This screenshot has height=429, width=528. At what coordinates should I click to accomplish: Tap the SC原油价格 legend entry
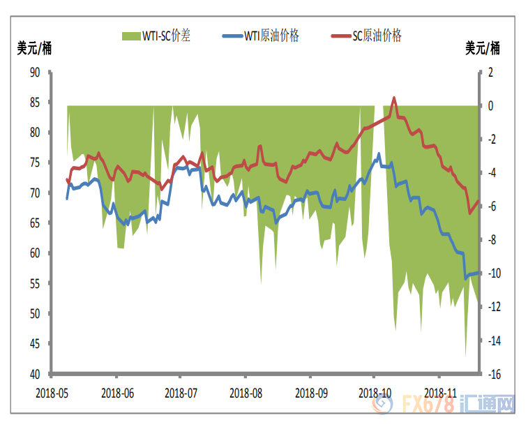(x=365, y=36)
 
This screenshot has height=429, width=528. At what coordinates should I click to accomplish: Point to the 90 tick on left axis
(x=34, y=72)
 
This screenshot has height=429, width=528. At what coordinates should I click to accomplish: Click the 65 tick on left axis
(x=34, y=223)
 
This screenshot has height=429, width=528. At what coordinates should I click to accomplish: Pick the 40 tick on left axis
(x=34, y=375)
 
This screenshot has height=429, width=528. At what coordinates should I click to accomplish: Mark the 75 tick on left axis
(x=34, y=163)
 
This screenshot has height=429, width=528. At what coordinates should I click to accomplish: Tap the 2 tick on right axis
(x=491, y=72)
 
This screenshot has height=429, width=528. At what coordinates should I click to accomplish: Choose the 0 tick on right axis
(x=491, y=106)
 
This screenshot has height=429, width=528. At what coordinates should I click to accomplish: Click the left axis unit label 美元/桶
(x=34, y=49)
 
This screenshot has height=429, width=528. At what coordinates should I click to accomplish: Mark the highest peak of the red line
(x=394, y=98)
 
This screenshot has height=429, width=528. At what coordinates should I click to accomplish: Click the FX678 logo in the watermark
(x=428, y=405)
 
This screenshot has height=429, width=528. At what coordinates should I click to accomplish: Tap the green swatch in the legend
(x=129, y=36)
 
